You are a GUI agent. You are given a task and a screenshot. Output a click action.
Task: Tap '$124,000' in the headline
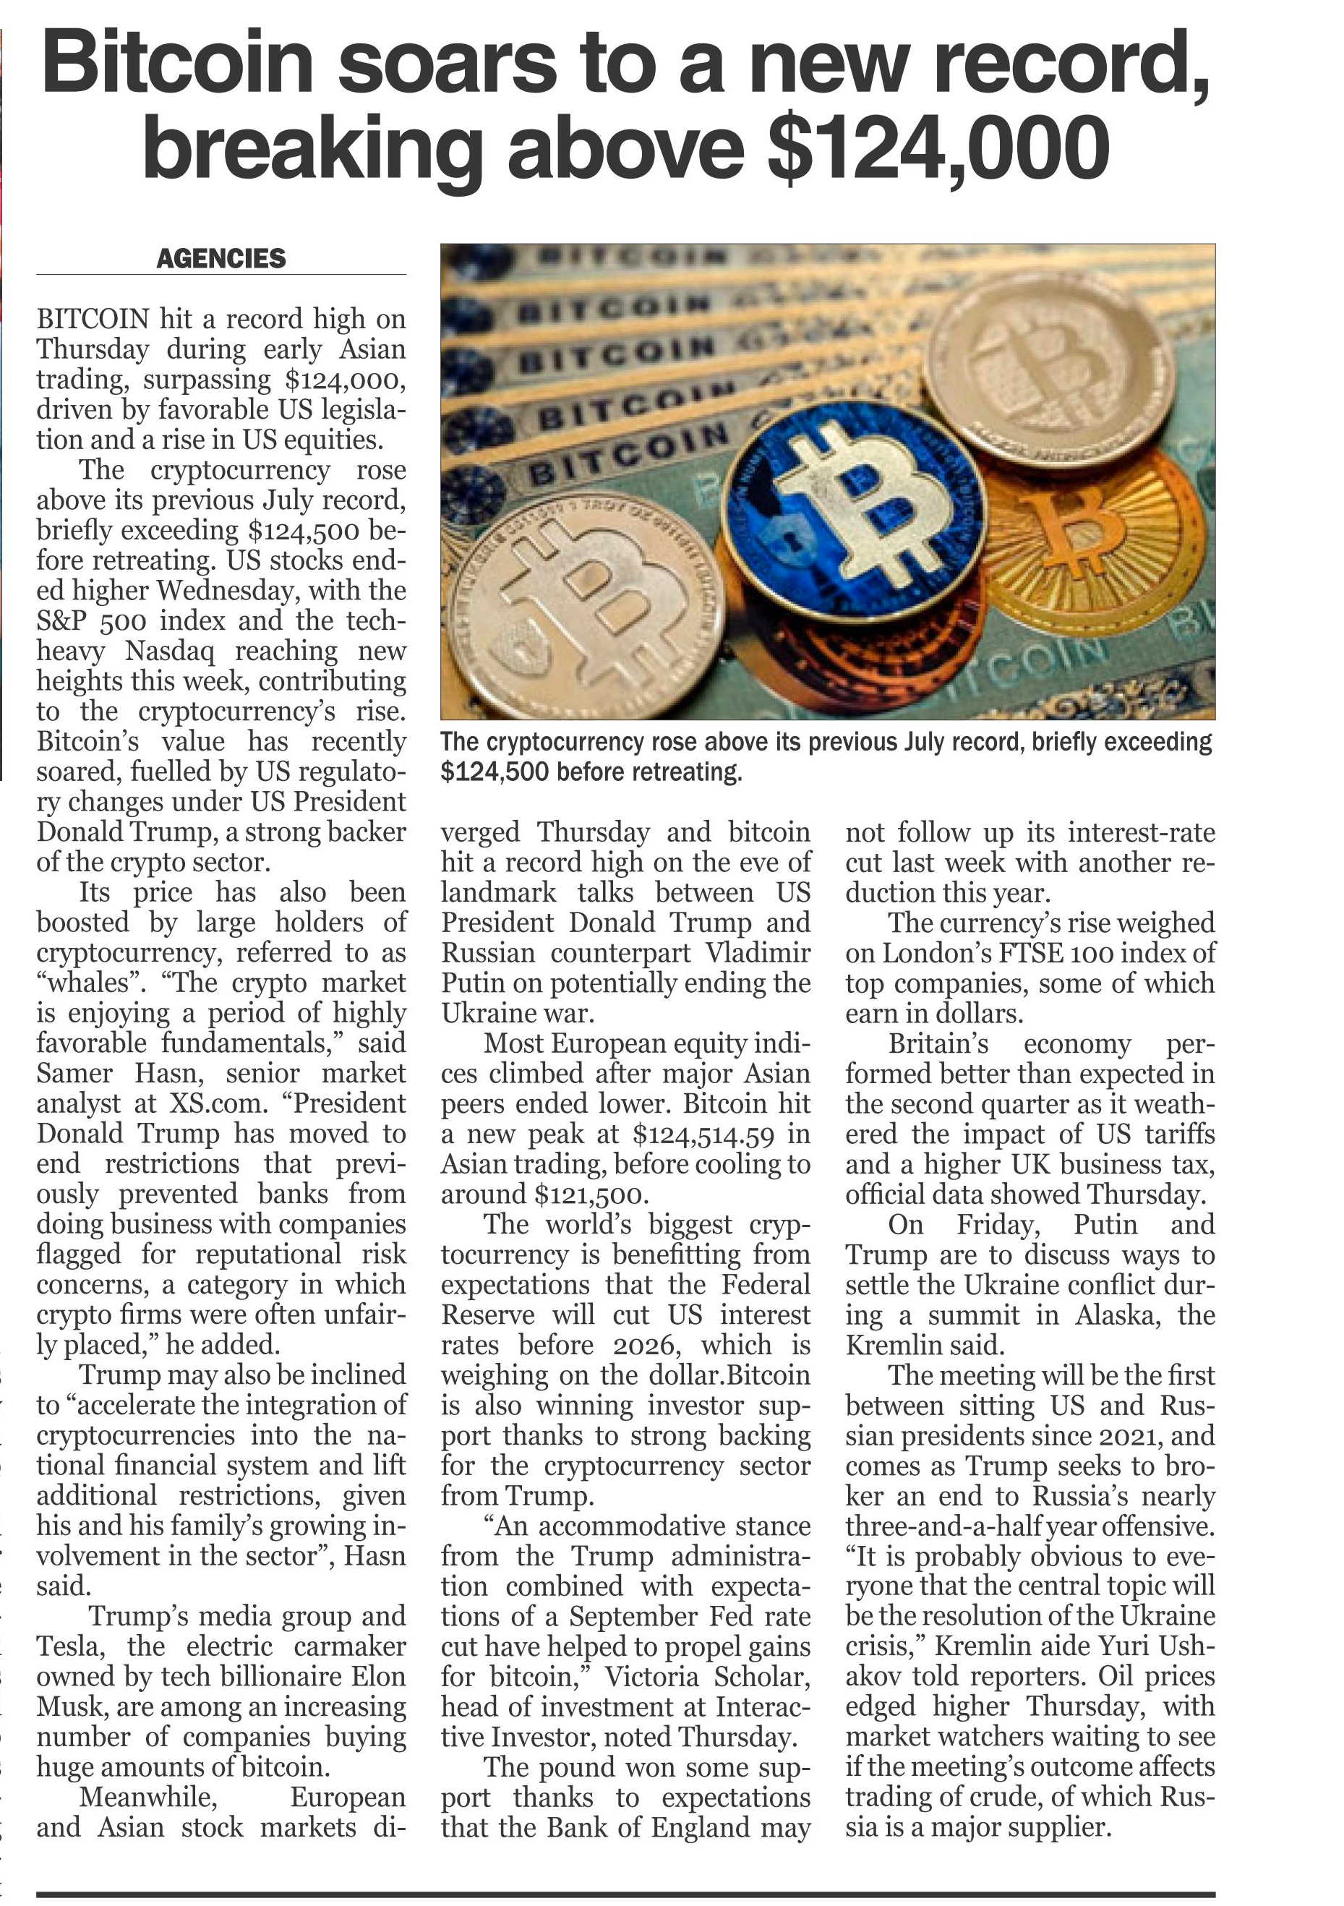click(x=938, y=149)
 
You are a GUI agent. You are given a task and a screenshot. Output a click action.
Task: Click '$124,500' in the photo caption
click(x=495, y=772)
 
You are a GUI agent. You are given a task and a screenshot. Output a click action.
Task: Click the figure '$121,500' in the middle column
click(x=588, y=1195)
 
